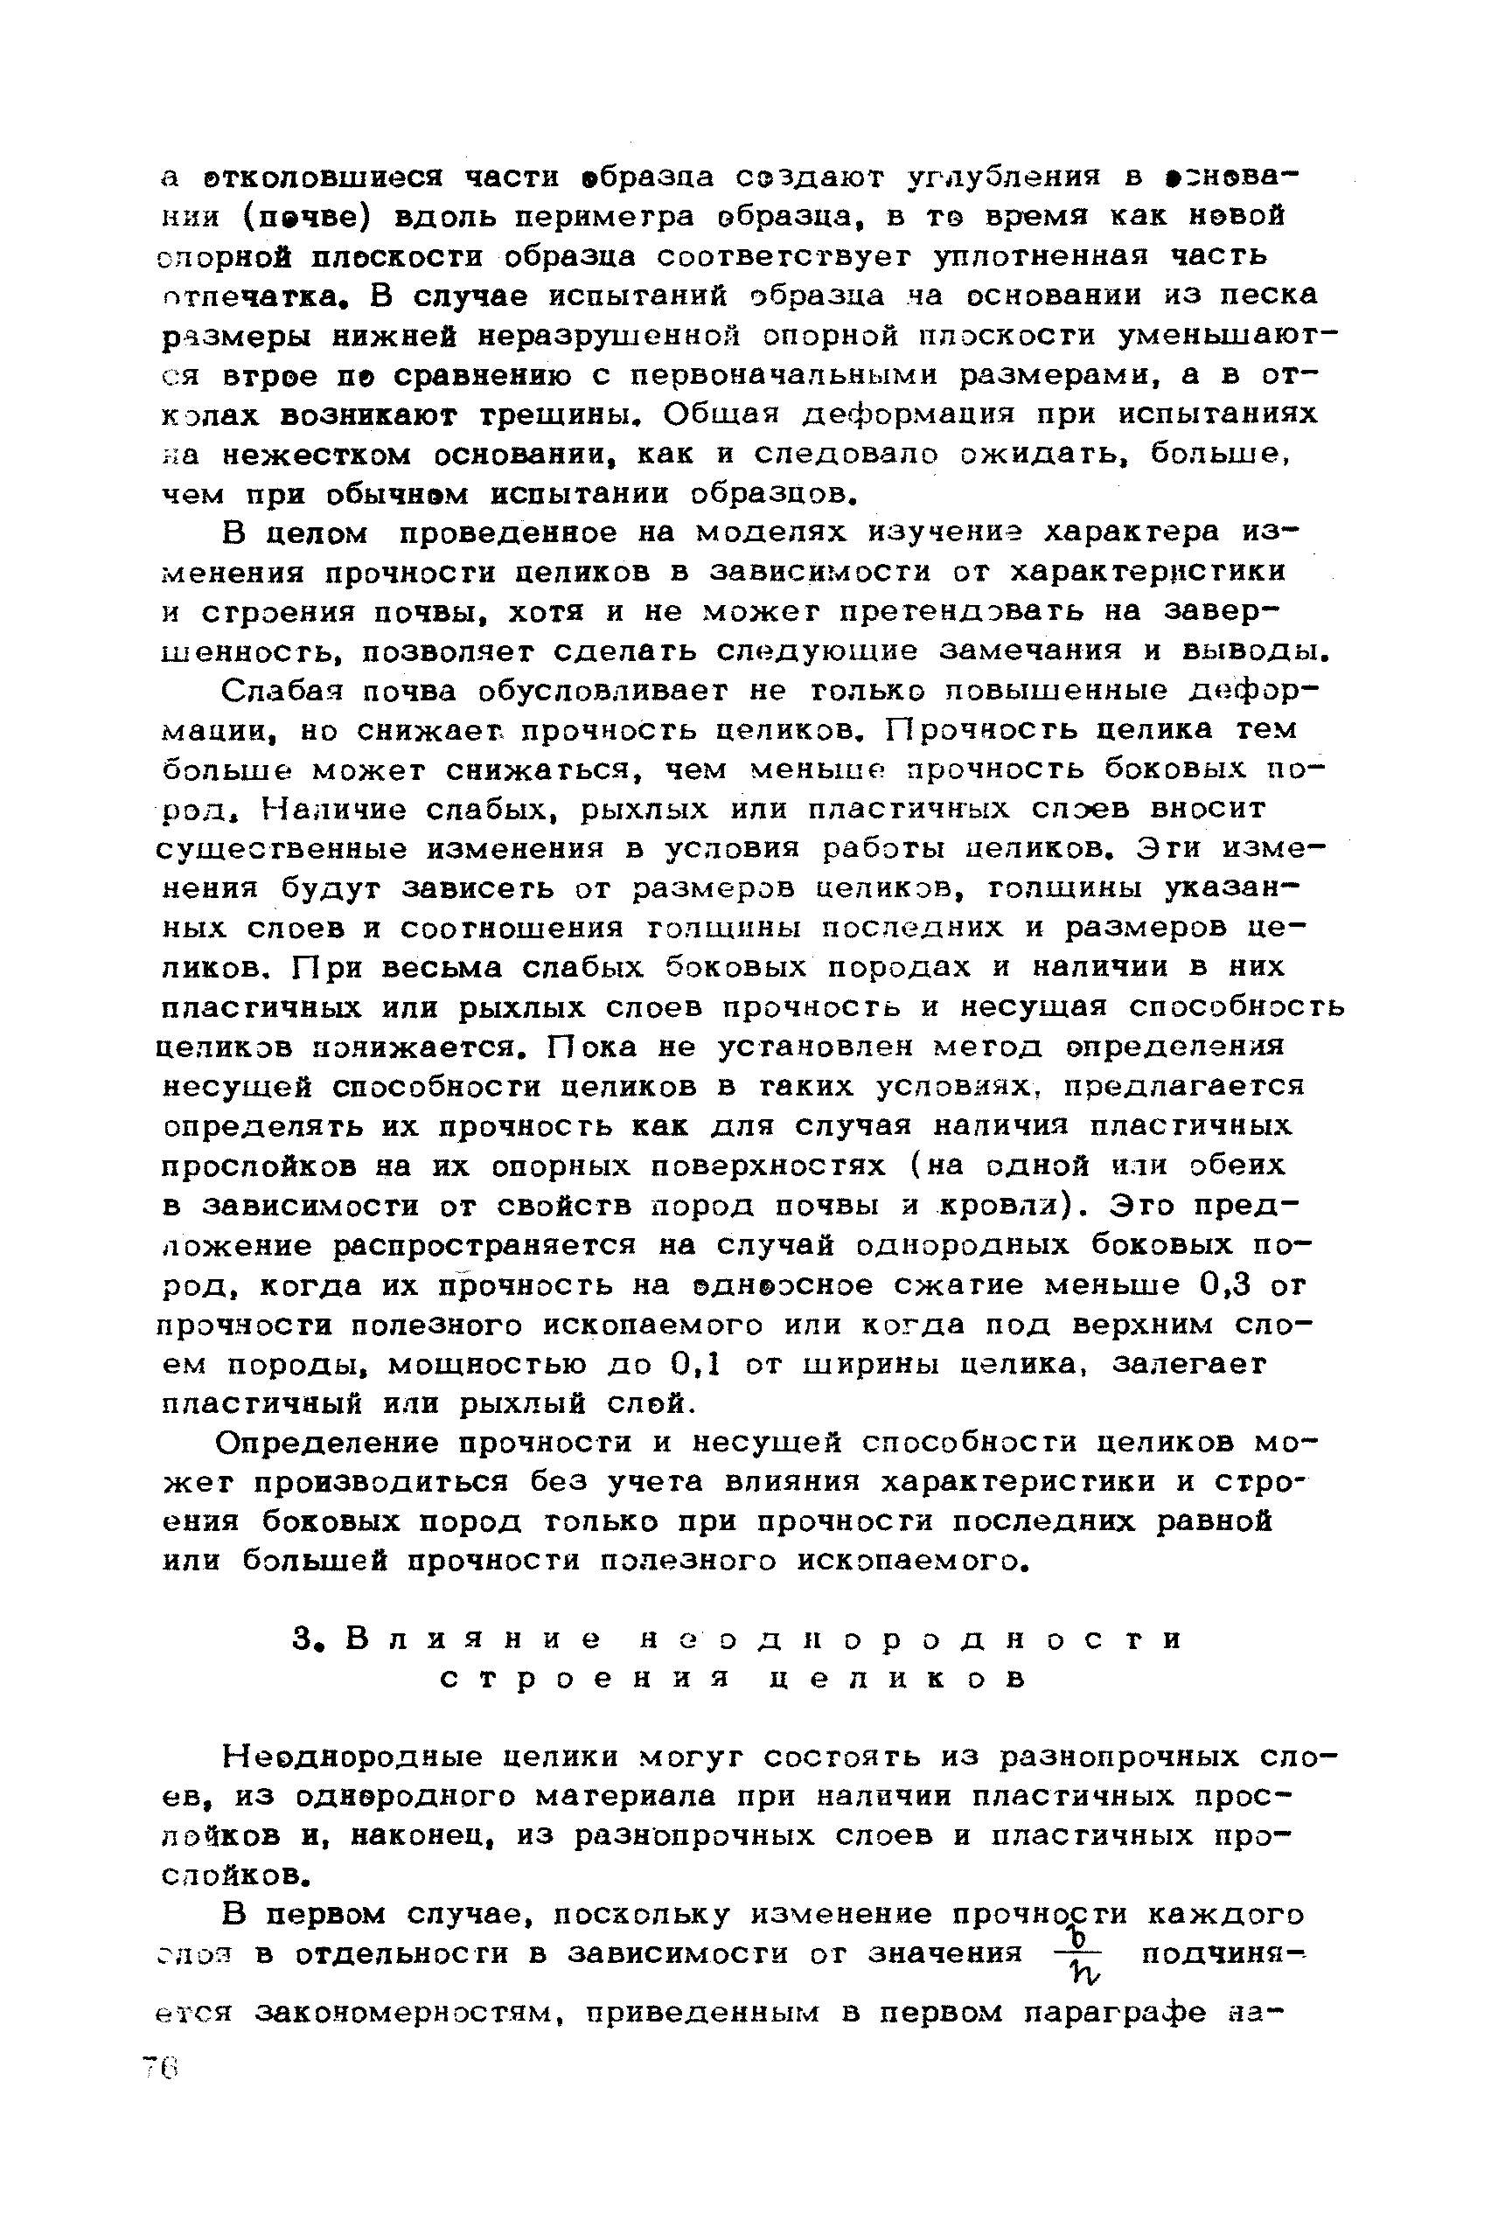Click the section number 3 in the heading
click(x=304, y=1640)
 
